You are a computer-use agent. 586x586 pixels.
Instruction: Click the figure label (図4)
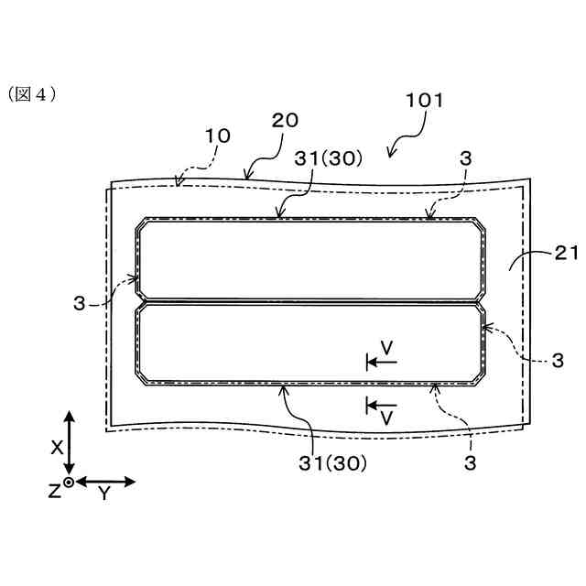pos(32,93)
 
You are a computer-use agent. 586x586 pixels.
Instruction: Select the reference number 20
pos(285,120)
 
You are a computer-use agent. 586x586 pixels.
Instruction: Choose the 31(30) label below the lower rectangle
pos(332,463)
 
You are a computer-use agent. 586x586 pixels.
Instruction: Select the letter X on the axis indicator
pos(56,447)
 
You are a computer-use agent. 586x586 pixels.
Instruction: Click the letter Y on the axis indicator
pos(103,494)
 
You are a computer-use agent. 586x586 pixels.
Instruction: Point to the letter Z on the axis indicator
pos(54,491)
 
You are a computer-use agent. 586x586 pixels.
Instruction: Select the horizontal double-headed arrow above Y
pos(104,481)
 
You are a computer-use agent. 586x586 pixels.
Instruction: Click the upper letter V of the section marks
pos(387,348)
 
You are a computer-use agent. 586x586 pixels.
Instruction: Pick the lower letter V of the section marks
pos(387,418)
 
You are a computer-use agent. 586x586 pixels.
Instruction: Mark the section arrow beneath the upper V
pos(382,363)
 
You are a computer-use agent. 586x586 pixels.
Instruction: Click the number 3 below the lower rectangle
pos(470,463)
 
